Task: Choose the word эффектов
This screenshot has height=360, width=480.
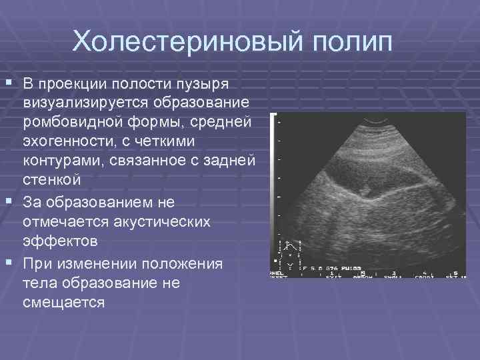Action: pyautogui.click(x=58, y=239)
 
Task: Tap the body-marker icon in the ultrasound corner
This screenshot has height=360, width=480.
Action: pyautogui.click(x=290, y=254)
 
